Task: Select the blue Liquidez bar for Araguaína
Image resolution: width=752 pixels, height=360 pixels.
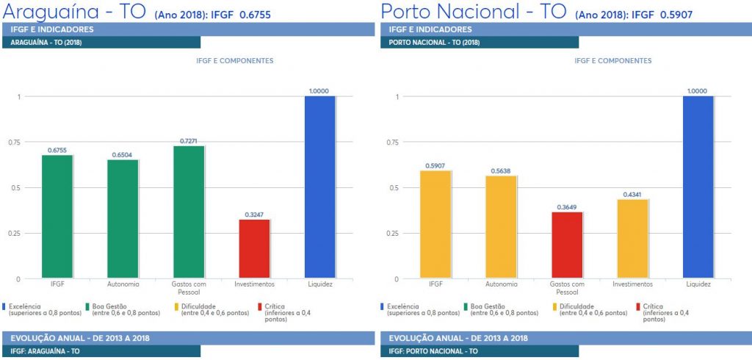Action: (319, 187)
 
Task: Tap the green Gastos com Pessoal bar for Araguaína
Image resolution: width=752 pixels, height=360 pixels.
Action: (189, 212)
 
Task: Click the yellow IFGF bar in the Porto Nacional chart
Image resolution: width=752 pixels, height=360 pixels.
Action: (435, 225)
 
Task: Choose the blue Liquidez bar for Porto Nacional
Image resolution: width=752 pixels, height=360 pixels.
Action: (698, 187)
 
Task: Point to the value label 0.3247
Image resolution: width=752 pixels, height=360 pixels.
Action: (254, 215)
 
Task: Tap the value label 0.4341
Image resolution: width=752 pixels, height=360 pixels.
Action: (632, 194)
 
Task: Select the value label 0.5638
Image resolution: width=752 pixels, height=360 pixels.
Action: (501, 171)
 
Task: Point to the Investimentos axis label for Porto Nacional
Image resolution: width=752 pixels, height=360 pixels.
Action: (632, 284)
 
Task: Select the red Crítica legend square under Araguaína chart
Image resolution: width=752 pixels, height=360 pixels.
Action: (261, 306)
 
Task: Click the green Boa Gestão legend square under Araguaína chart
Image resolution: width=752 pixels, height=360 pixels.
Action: (87, 306)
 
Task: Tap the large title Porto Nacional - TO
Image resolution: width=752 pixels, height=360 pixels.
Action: (472, 11)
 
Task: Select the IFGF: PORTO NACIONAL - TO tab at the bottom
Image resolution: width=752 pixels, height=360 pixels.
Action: (441, 352)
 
